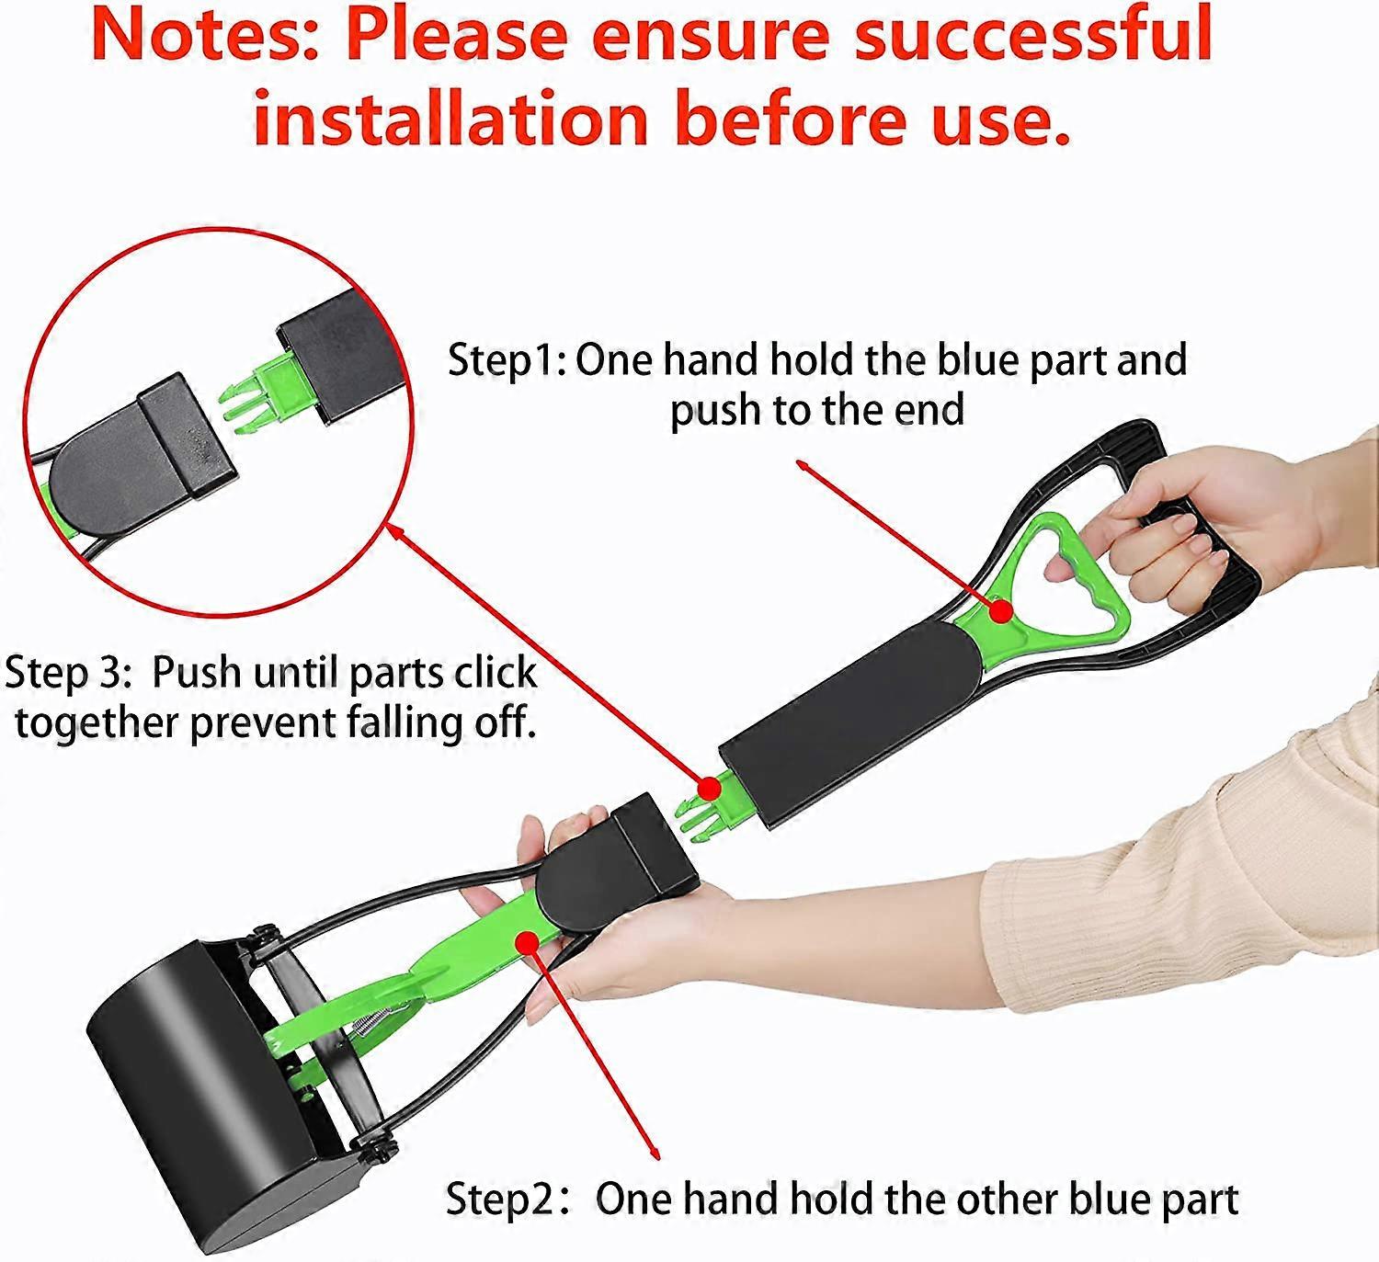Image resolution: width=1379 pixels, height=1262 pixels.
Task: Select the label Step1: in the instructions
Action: click(x=507, y=360)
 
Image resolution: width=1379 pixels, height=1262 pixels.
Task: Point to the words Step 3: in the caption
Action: click(x=67, y=673)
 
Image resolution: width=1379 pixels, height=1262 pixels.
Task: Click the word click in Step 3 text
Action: click(x=495, y=672)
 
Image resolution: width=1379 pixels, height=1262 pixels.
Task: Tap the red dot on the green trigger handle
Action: click(x=1001, y=610)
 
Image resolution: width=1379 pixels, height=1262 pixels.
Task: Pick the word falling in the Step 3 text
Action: click(x=405, y=723)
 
